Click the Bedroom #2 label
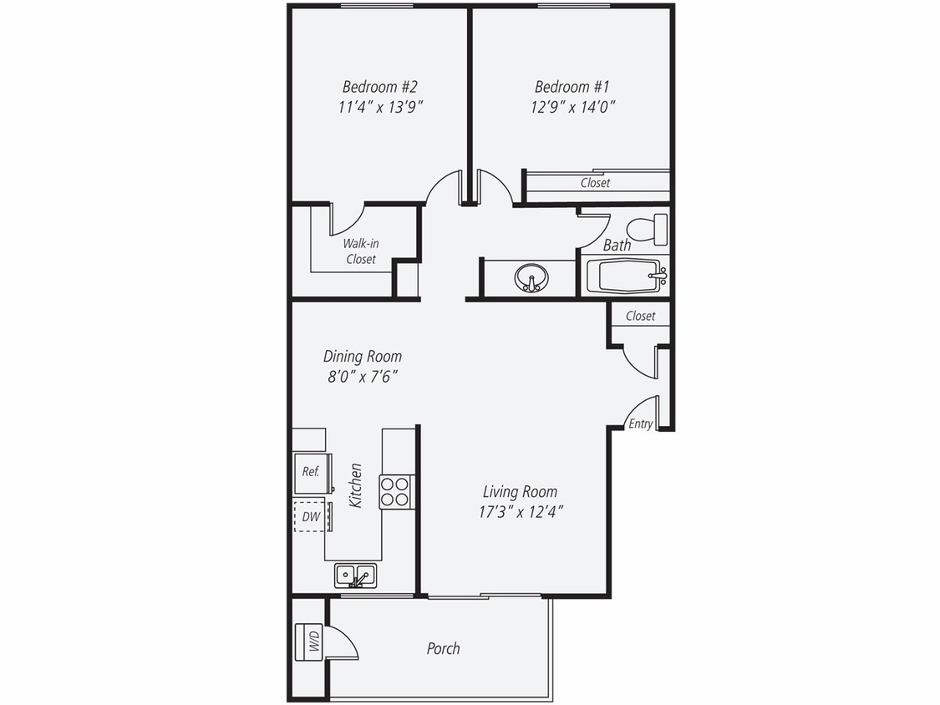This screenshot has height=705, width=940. click(x=379, y=87)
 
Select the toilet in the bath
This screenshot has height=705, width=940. click(x=647, y=229)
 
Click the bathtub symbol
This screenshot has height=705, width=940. click(x=627, y=276)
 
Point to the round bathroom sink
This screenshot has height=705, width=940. click(x=531, y=277)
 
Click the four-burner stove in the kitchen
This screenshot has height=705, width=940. click(x=397, y=491)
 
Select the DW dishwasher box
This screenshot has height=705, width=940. click(x=312, y=517)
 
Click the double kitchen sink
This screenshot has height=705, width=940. click(x=355, y=576)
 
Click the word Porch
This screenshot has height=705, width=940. click(x=443, y=648)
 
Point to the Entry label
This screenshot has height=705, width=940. click(x=641, y=424)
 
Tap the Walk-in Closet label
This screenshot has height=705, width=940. click(x=361, y=251)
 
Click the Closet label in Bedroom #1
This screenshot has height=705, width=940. click(x=595, y=183)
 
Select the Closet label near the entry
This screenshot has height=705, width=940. click(x=641, y=316)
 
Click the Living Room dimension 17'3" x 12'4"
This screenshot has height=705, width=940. click(x=521, y=512)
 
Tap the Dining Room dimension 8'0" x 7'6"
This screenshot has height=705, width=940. click(x=363, y=377)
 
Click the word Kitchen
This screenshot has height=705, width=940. click(x=356, y=485)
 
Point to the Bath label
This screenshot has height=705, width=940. click(x=617, y=246)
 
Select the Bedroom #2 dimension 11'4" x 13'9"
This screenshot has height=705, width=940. click(x=379, y=107)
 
